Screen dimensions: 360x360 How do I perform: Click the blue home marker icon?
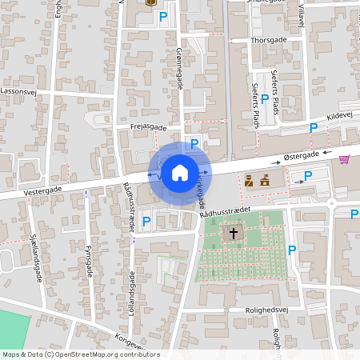coord(180,172)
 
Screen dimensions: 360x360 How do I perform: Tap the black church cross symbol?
coord(234,234)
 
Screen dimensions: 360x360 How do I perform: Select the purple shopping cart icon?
coord(344,159)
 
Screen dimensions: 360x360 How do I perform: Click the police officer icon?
coord(249,181)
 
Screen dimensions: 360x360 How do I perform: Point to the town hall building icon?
coord(264,180)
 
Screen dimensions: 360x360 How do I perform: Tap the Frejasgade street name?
coord(148,126)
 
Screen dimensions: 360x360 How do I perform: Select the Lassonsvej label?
coord(19,92)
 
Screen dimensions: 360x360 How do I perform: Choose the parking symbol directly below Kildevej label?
coord(314,128)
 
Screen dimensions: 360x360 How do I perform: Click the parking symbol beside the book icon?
coord(164,15)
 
